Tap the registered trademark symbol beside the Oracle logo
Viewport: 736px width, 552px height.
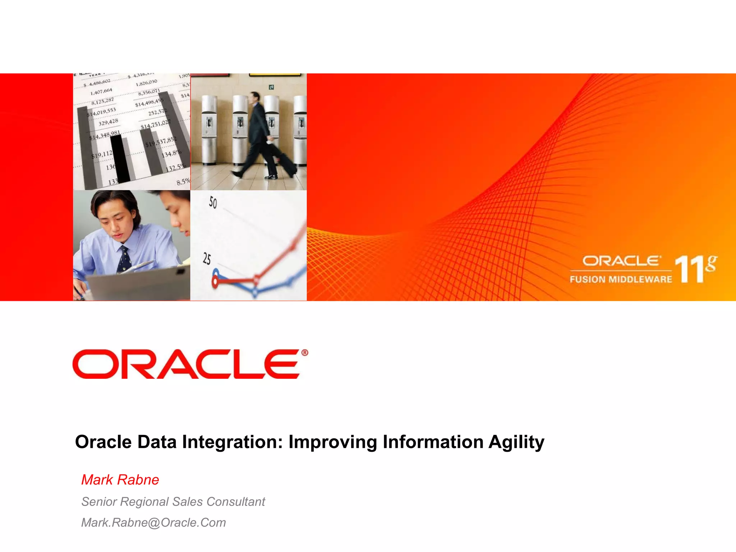click(x=304, y=353)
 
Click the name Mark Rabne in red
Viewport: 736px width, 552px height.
click(x=120, y=480)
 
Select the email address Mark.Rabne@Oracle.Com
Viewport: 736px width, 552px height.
click(x=153, y=523)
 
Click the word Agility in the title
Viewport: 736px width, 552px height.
click(x=516, y=442)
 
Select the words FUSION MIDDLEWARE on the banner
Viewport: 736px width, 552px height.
click(x=621, y=279)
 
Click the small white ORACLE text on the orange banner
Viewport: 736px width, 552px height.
click(x=621, y=261)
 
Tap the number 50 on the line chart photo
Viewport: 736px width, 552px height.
click(x=213, y=203)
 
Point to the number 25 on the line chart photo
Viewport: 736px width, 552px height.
click(x=207, y=259)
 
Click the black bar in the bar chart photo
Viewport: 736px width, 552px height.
click(x=120, y=158)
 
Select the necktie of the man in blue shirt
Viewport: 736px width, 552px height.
click(x=124, y=259)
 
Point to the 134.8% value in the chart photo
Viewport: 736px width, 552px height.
click(x=171, y=154)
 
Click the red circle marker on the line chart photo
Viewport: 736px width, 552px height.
click(x=215, y=282)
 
